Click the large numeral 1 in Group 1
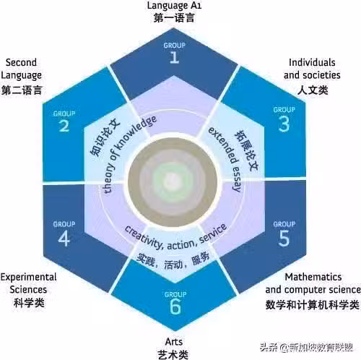click(175, 57)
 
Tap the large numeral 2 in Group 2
click(64, 126)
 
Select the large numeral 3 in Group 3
click(284, 124)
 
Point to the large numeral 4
click(64, 239)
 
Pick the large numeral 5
click(284, 239)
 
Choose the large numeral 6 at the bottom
click(175, 307)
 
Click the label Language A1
click(174, 6)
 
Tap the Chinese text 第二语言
click(22, 90)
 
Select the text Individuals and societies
click(312, 69)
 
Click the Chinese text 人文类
click(313, 90)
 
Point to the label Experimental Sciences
click(28, 283)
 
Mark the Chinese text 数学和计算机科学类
click(313, 305)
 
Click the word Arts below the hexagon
click(174, 341)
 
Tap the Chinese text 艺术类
click(173, 355)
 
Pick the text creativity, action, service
click(175, 240)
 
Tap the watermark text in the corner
click(307, 348)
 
